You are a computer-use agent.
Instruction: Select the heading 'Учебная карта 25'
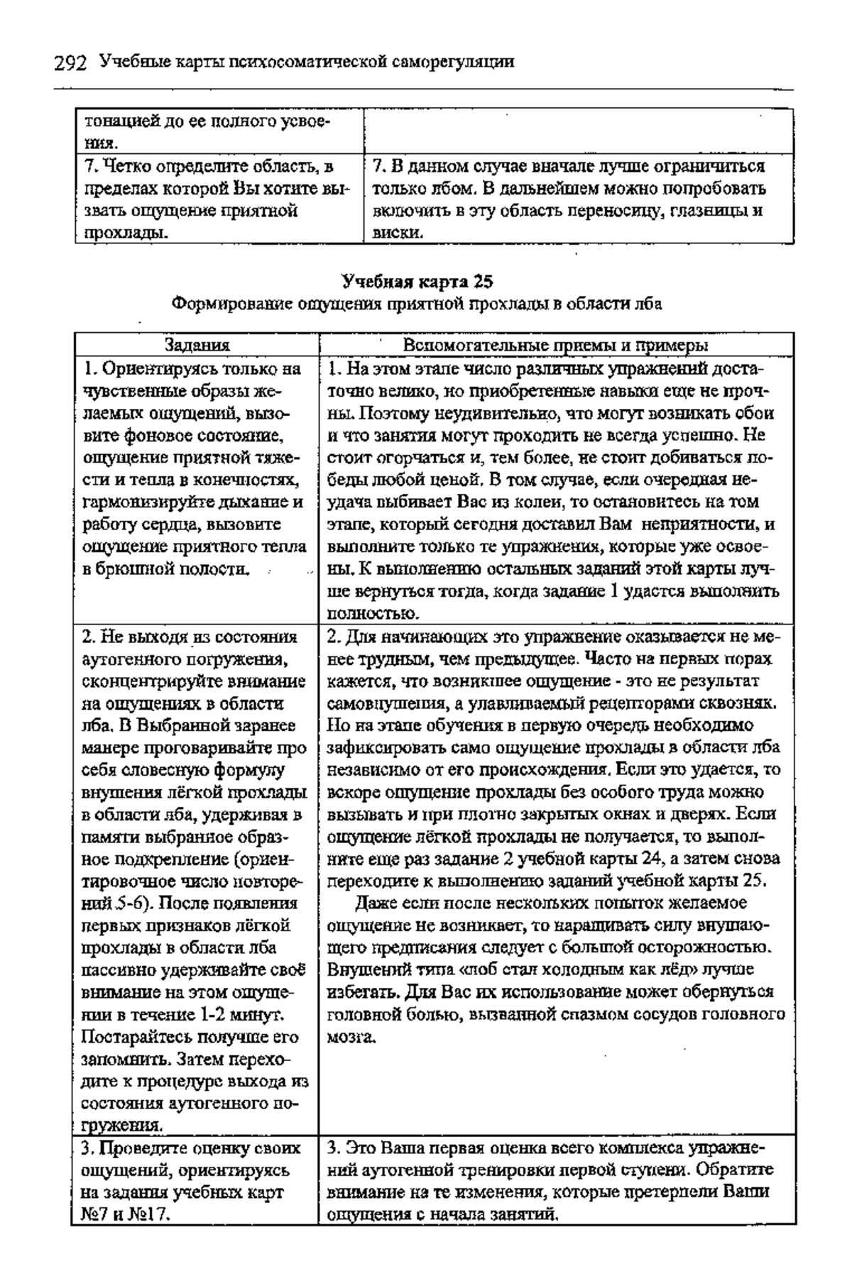(x=417, y=282)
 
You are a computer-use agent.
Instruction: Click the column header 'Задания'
(x=197, y=346)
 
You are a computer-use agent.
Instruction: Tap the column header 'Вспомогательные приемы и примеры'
(x=555, y=346)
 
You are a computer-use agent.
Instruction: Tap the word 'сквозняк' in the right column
(x=745, y=703)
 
